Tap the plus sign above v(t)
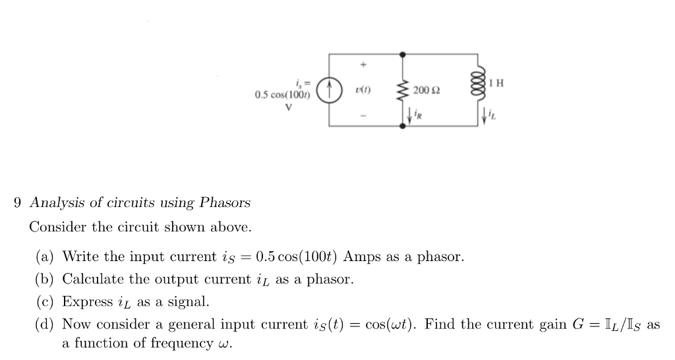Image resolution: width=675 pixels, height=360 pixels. (362, 65)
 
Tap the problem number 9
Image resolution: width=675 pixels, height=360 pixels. (18, 202)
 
